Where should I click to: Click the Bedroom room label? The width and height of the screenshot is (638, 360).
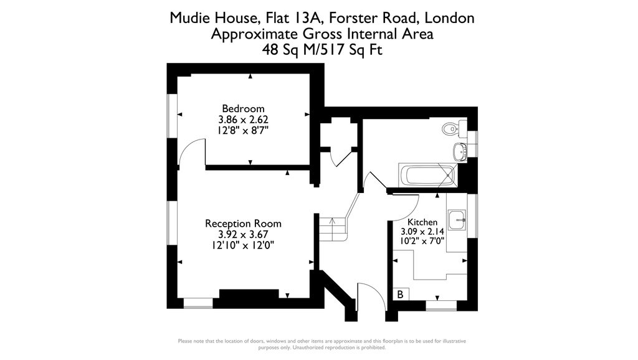[x=243, y=108]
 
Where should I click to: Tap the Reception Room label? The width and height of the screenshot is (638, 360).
[x=243, y=224]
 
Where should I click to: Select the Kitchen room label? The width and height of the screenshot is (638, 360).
[x=422, y=222]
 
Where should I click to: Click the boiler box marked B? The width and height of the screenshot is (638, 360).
[x=401, y=294]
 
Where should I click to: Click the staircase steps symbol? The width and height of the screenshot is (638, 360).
[x=333, y=227]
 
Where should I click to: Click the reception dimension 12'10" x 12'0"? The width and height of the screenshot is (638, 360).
[x=243, y=245]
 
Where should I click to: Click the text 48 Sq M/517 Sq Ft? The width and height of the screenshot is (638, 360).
[x=322, y=50]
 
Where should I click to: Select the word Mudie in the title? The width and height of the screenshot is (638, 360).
[x=189, y=18]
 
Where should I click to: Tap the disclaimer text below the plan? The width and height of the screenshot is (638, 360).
[x=322, y=344]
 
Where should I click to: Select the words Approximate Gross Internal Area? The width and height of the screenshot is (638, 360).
[x=322, y=34]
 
